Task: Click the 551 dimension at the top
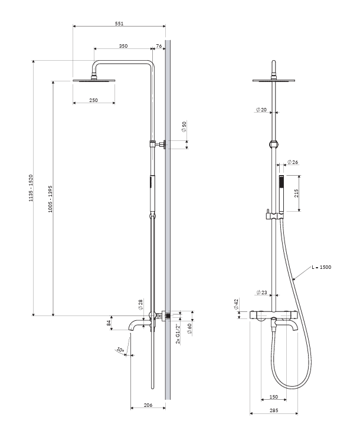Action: coord(119,24)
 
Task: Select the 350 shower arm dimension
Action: coord(123,46)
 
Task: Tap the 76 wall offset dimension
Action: coord(159,46)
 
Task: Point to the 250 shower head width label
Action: coord(94,100)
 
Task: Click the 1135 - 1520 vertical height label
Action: coord(31,188)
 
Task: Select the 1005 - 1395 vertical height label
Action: coord(50,199)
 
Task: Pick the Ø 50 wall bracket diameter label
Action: coord(184,127)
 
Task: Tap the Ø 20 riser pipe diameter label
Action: coord(261,110)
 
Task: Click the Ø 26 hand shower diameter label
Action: coord(293,162)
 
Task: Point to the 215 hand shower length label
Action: coord(297,193)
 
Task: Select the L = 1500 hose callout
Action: coord(321,267)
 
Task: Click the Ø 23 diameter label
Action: coord(261,292)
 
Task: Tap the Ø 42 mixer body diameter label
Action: coord(236,304)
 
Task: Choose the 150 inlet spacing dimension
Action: coord(274,397)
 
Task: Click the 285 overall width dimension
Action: coord(274,410)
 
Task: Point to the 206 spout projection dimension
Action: coord(148,405)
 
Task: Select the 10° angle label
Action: coord(120,350)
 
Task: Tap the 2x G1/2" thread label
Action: coord(178,334)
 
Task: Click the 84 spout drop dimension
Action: coord(109,323)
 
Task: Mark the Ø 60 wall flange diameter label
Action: coord(189,329)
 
